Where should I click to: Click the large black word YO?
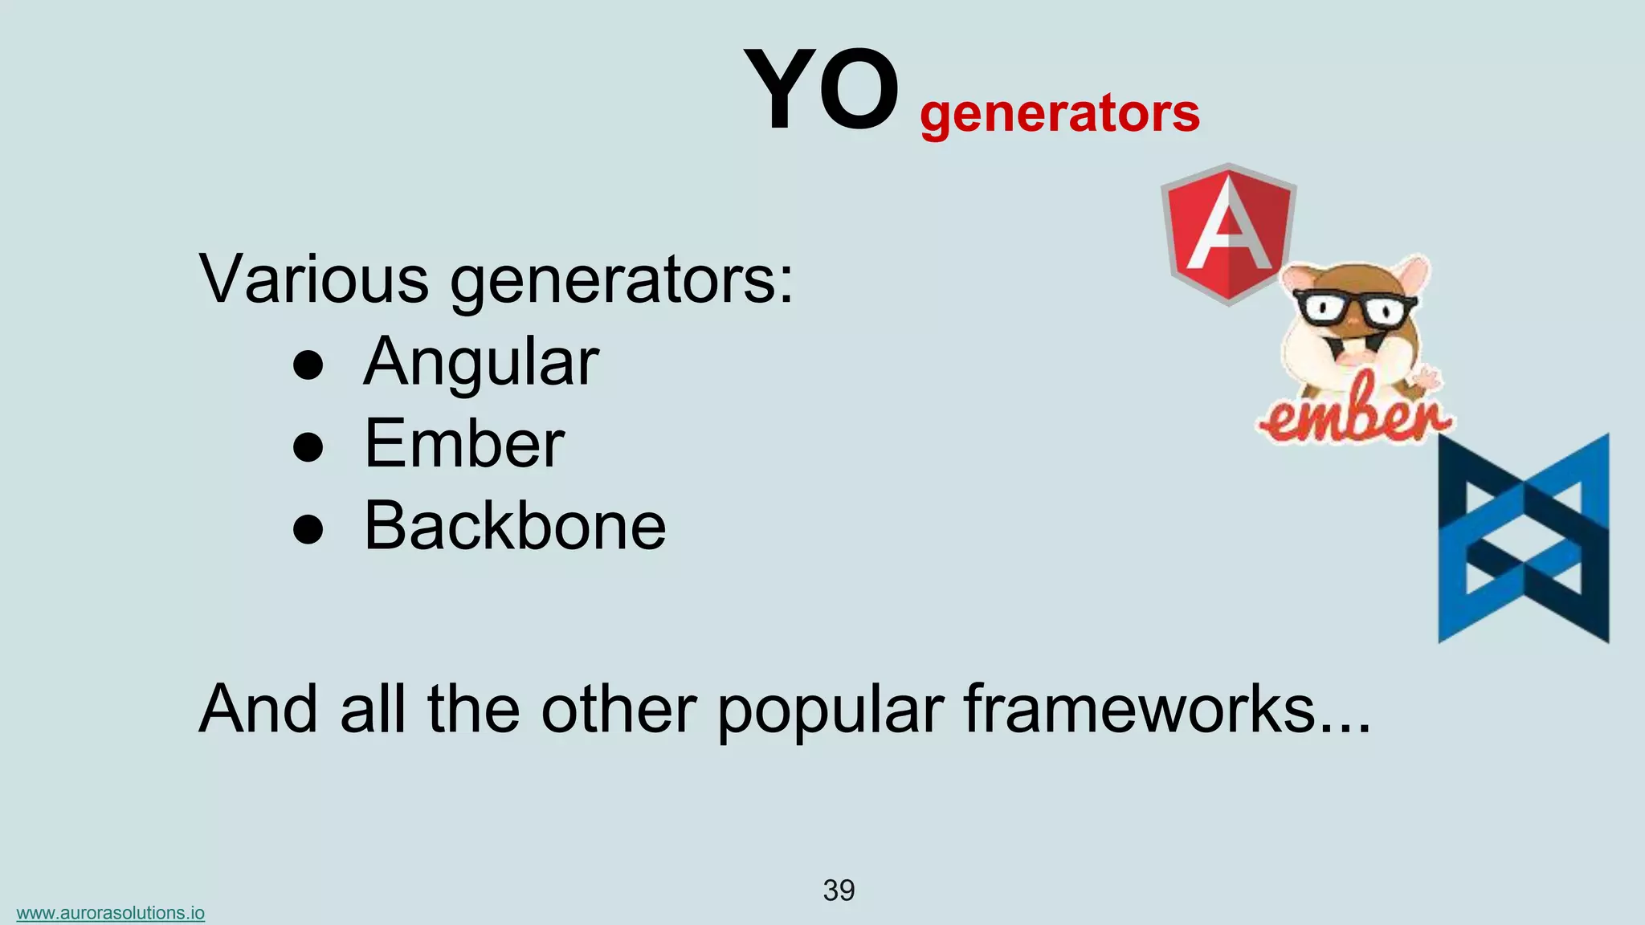tap(821, 90)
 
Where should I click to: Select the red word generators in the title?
tap(1059, 113)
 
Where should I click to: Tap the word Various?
tap(314, 279)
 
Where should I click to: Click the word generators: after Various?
tap(621, 282)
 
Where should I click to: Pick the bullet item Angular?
tap(481, 363)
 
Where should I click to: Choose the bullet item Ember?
tap(464, 444)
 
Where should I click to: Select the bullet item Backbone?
tap(515, 526)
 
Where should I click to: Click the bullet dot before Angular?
tap(308, 365)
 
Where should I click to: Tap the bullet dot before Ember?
tap(308, 447)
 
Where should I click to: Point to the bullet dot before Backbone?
tap(308, 529)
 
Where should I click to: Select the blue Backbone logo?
tap(1523, 538)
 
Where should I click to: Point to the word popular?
tap(830, 711)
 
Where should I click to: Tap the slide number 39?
tap(839, 890)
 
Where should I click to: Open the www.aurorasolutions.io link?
tap(111, 913)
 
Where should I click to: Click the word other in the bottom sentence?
tap(618, 709)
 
